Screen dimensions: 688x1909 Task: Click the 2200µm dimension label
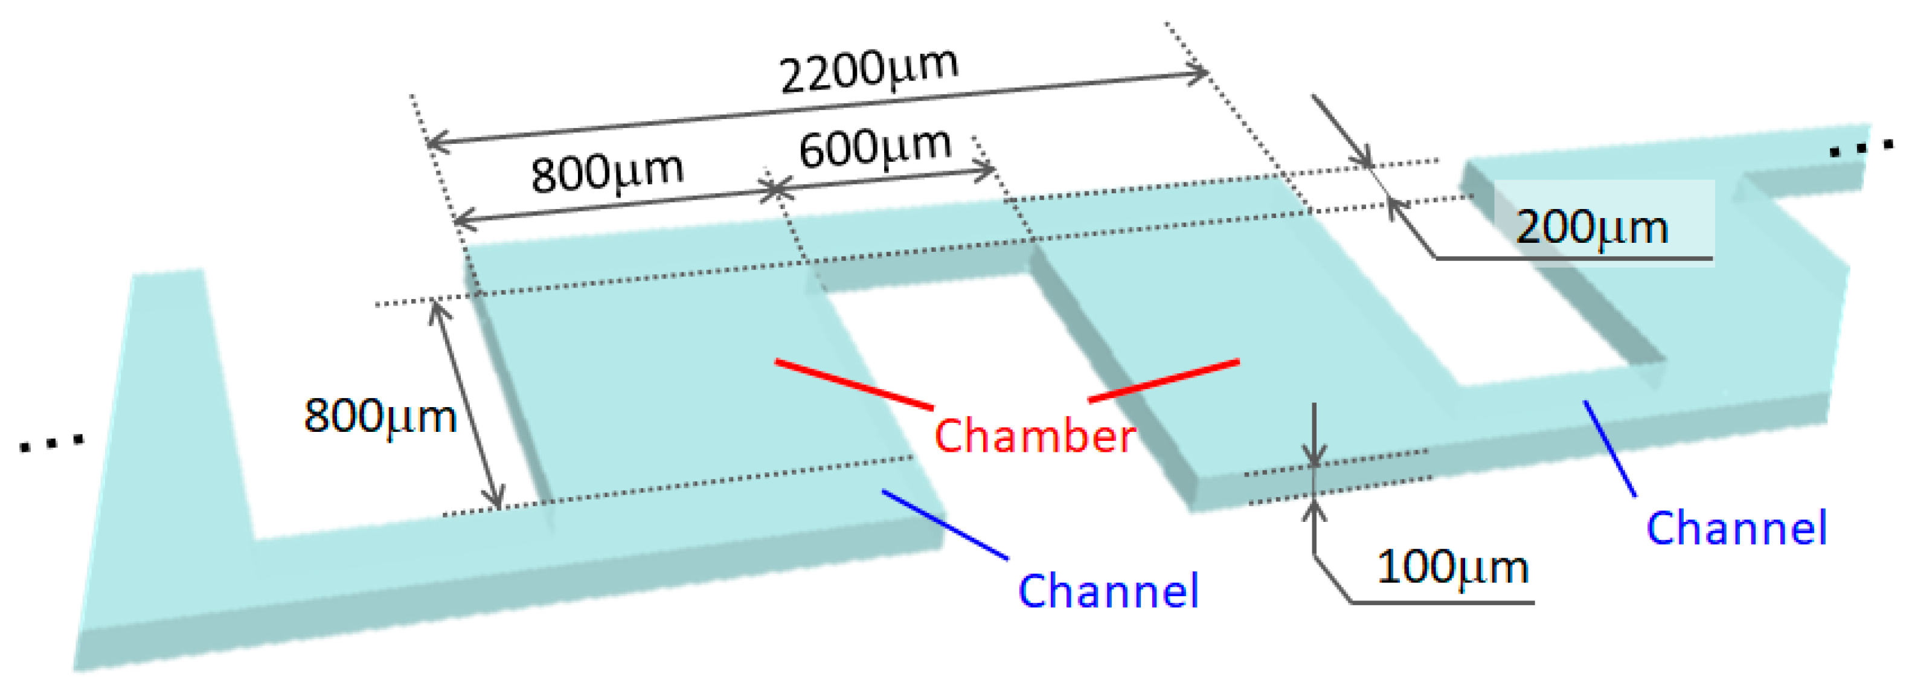(868, 72)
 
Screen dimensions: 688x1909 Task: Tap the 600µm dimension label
(875, 147)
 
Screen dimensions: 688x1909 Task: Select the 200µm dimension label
(1592, 227)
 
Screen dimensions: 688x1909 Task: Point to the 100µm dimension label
(1452, 568)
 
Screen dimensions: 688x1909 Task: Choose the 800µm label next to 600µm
(607, 173)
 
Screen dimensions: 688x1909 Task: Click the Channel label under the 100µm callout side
(1108, 591)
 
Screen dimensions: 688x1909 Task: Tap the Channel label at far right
(1736, 529)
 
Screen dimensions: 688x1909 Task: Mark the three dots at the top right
(1861, 147)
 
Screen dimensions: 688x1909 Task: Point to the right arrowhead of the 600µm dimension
(986, 172)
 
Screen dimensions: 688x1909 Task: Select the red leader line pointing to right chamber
(1164, 381)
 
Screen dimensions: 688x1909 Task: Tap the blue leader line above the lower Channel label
(945, 524)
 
